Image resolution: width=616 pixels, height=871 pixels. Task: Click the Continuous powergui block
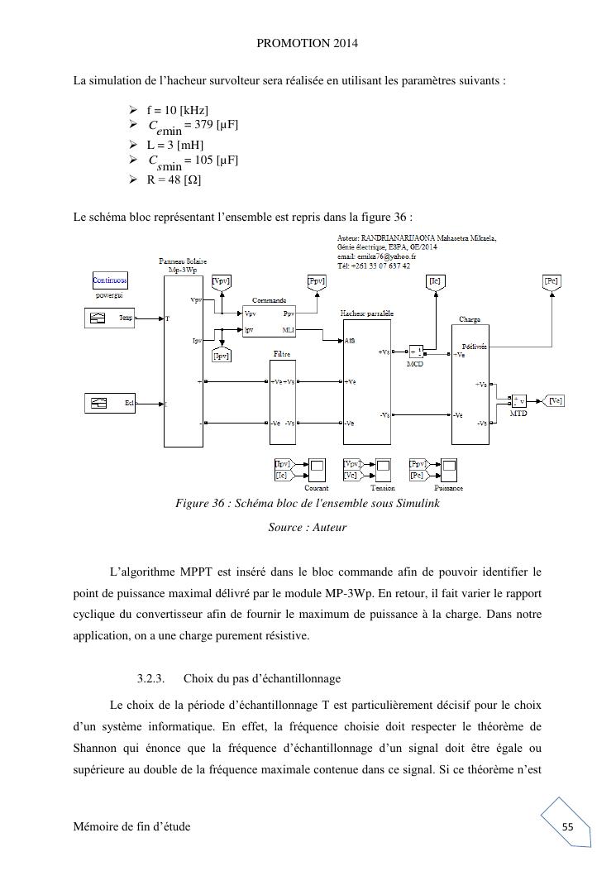click(x=110, y=280)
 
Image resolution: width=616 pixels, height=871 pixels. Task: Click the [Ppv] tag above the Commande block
click(x=316, y=281)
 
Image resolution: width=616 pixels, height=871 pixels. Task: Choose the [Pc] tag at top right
click(x=552, y=281)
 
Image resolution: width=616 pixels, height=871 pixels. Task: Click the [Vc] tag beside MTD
click(x=556, y=400)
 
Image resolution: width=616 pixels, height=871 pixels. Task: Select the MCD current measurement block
click(x=417, y=352)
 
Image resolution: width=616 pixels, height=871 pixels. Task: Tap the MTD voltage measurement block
click(x=518, y=401)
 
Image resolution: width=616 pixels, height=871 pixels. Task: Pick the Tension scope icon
click(x=382, y=470)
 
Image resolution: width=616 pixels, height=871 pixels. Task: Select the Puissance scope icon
click(x=449, y=470)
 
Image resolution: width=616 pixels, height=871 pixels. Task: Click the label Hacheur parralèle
click(x=366, y=314)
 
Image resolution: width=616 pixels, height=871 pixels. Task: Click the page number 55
click(x=567, y=826)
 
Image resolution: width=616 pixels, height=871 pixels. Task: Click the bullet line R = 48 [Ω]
click(x=174, y=179)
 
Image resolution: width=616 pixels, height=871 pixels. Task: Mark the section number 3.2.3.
click(x=151, y=679)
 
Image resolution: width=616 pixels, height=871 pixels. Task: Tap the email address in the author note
click(x=376, y=256)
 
